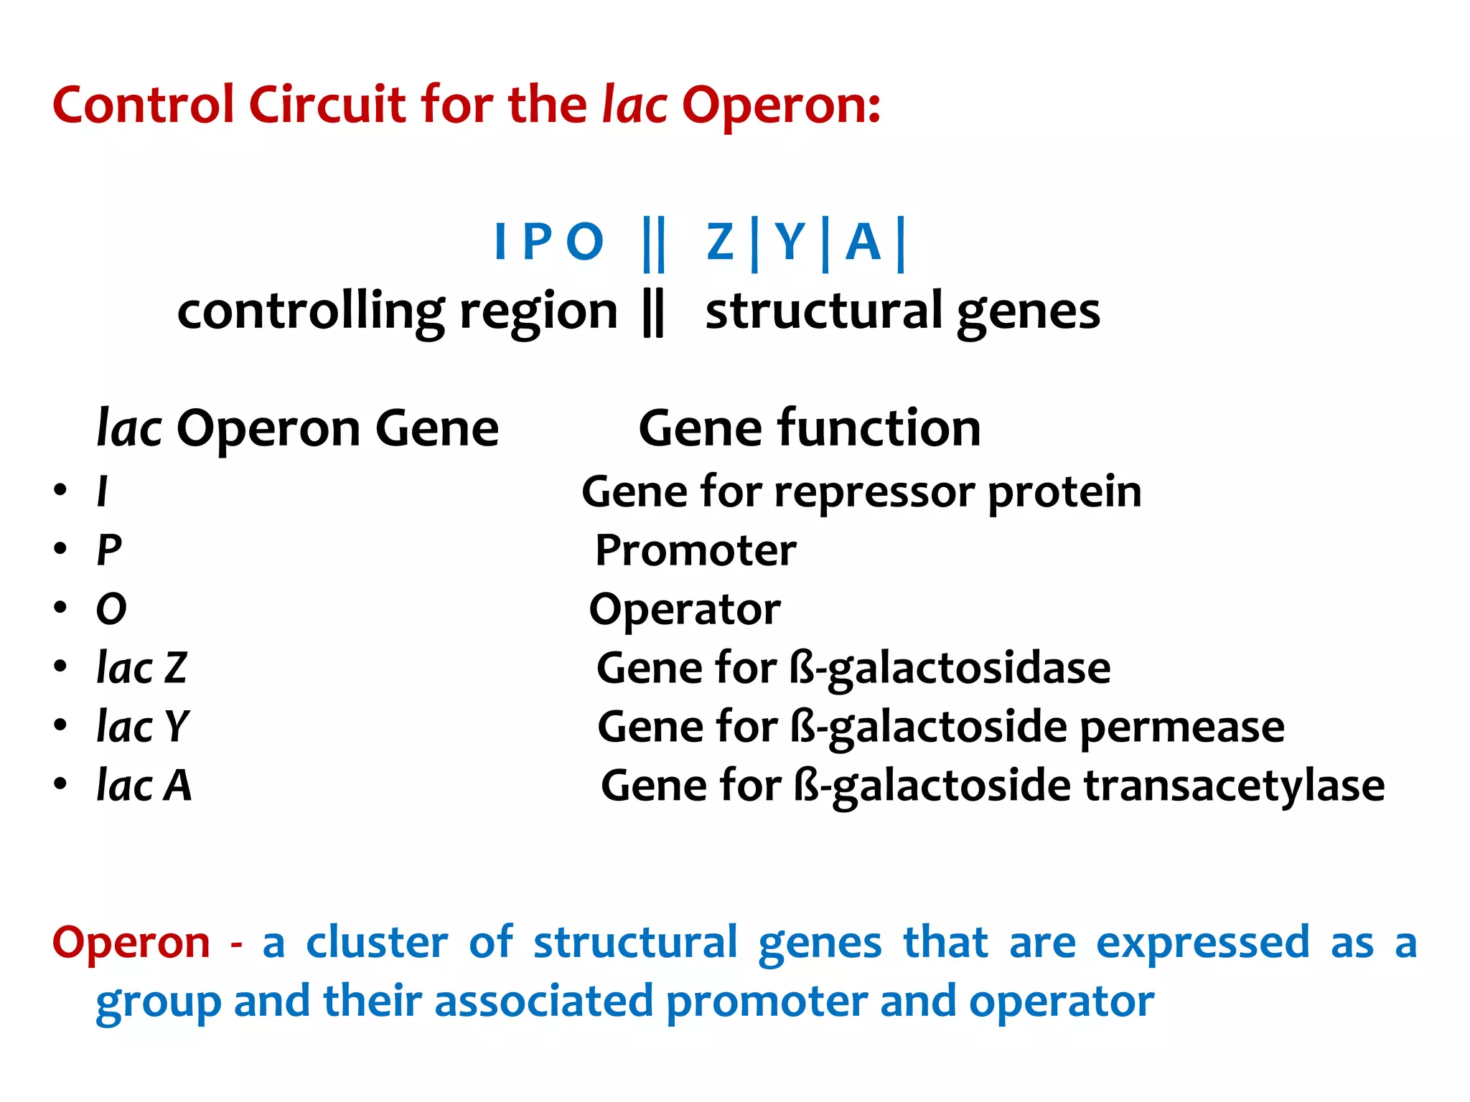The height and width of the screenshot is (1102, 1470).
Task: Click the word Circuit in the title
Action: tap(327, 105)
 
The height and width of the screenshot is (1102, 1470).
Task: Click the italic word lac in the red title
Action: tap(635, 105)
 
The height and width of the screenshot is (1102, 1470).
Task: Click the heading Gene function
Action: tap(809, 428)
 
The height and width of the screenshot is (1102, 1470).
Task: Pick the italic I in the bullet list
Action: tap(103, 492)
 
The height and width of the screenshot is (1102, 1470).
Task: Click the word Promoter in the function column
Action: tap(696, 551)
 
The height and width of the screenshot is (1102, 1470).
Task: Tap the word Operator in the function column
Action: tap(685, 610)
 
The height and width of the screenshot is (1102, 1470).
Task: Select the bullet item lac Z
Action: tap(141, 668)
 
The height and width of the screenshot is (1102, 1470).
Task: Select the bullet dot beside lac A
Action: tap(60, 784)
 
